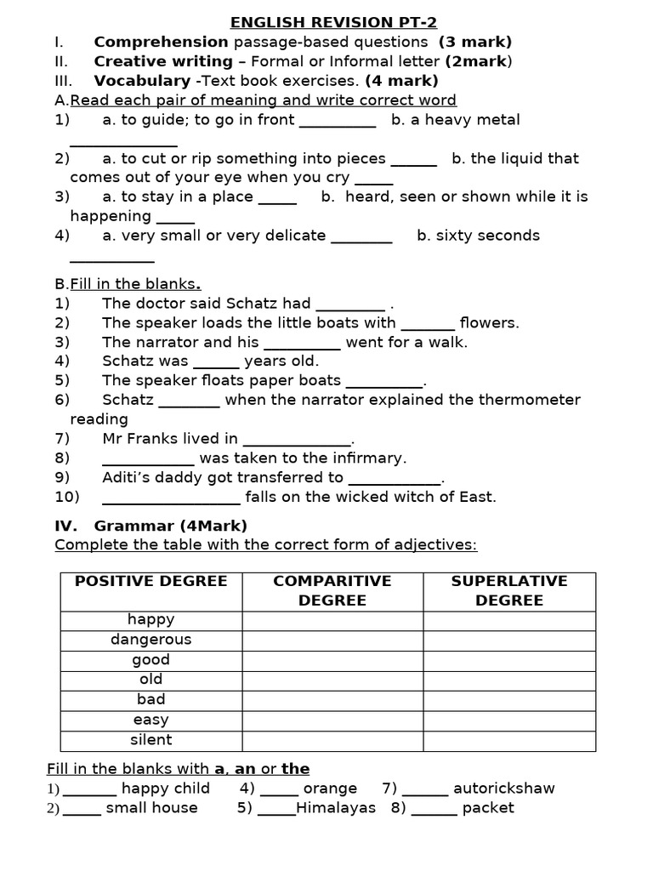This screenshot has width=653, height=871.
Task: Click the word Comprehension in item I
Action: (x=161, y=42)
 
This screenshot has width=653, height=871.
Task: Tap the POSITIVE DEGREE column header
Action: (x=151, y=581)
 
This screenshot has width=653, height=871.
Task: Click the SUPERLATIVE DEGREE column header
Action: (x=509, y=590)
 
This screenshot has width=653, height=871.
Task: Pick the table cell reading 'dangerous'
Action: (x=151, y=640)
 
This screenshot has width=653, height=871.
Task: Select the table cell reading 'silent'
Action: (x=151, y=740)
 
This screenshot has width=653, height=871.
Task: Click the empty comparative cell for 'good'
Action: (x=332, y=660)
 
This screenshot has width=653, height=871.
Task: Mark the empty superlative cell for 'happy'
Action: (x=509, y=620)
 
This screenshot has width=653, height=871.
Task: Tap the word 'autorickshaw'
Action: (x=503, y=788)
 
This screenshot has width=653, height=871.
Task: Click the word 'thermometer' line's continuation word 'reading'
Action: (x=99, y=419)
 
